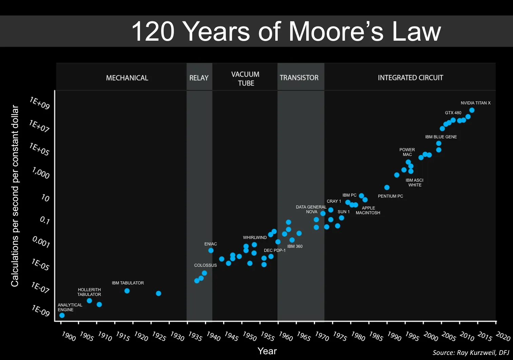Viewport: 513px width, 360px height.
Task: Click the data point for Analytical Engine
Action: tap(62, 315)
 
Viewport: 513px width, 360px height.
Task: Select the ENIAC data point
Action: tap(211, 251)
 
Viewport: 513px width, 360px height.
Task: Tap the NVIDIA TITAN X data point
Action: tap(472, 110)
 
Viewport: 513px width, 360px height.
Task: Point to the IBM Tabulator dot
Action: tap(127, 291)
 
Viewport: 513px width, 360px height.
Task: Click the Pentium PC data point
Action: tap(387, 187)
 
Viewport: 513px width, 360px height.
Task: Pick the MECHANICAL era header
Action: tap(127, 78)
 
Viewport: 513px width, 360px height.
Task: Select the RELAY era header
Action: tap(199, 78)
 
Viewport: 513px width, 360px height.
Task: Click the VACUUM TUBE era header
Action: tap(245, 79)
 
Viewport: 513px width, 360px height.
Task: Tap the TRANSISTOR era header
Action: tap(299, 78)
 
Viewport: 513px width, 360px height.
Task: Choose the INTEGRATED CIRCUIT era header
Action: tap(410, 78)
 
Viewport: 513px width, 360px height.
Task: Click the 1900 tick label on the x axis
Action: tap(68, 336)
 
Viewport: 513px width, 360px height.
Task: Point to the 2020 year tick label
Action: tap(503, 336)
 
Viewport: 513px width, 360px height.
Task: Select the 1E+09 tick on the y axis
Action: tap(40, 103)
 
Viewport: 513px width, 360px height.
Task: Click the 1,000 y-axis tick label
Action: tap(41, 173)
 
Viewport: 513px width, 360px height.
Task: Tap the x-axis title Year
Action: tap(267, 351)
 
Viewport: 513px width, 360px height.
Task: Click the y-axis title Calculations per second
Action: tap(15, 196)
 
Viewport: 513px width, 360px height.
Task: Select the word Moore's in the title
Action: tap(336, 32)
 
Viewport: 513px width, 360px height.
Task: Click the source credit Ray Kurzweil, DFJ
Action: tap(471, 353)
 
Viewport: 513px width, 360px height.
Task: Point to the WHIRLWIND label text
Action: tap(255, 238)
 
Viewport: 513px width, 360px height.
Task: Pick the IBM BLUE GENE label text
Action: tap(441, 137)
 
